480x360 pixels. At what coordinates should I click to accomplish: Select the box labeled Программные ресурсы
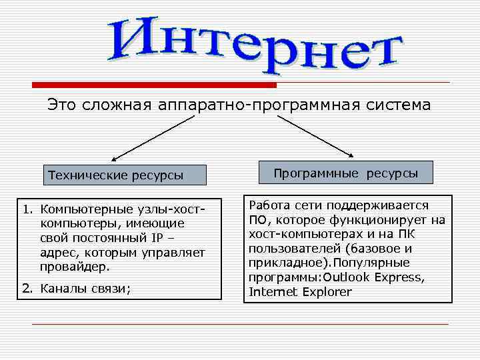[x=346, y=173]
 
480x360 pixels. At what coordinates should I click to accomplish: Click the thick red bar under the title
[x=155, y=85]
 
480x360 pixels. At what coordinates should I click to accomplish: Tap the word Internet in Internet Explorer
[x=270, y=291]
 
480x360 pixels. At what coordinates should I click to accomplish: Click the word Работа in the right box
[x=267, y=206]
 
